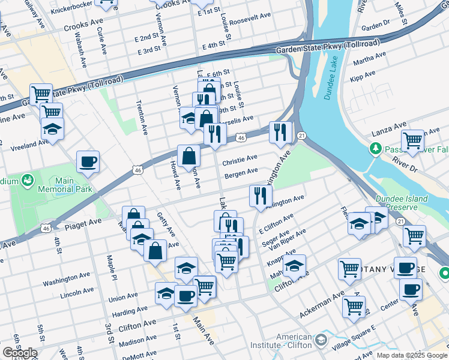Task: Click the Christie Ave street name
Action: point(240,161)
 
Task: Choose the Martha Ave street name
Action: point(370,60)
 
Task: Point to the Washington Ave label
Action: point(66,278)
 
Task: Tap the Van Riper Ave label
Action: point(289,238)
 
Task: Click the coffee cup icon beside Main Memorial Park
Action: point(88,161)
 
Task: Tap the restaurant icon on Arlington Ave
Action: point(261,195)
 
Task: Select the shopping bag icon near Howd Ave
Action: point(188,155)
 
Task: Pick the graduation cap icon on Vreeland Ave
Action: point(53,128)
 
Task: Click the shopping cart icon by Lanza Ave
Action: point(412,140)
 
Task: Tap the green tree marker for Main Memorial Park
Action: point(28,179)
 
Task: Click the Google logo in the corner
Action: point(19,353)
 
